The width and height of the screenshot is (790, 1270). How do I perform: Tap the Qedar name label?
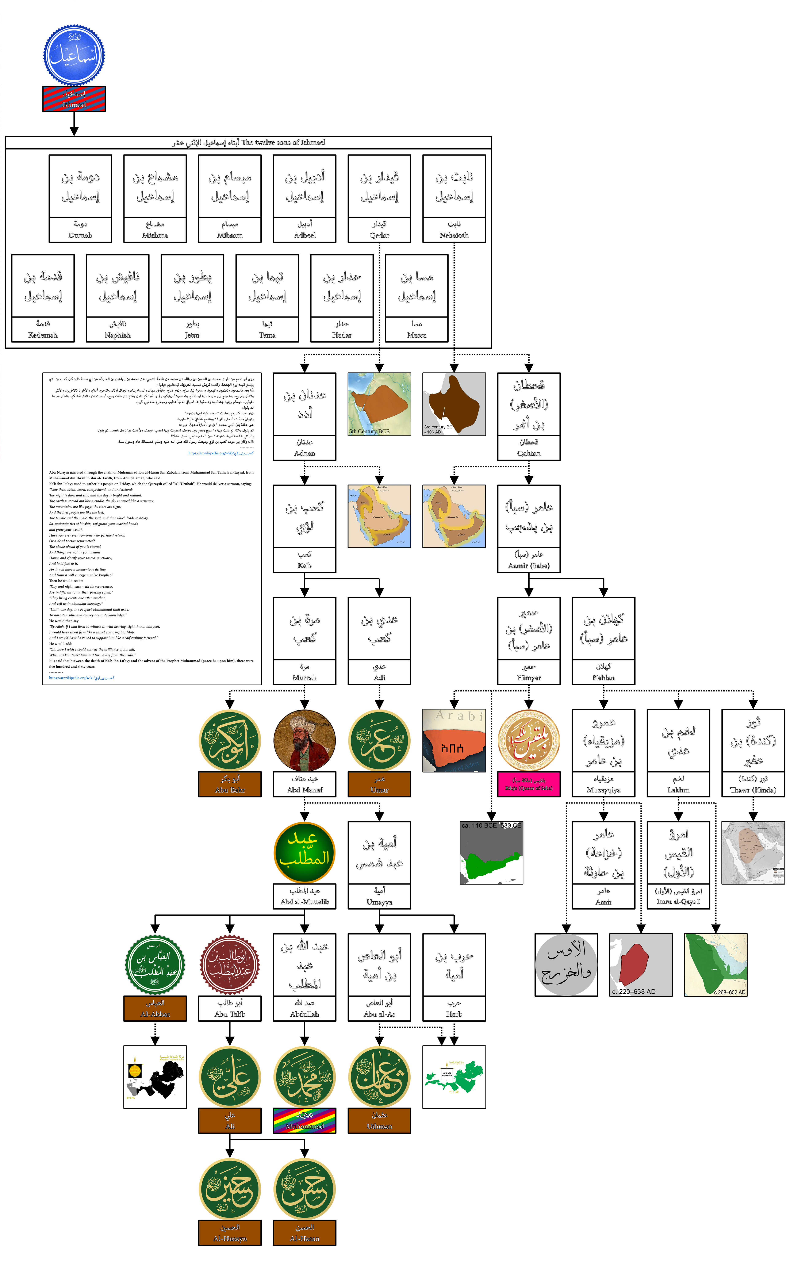(379, 230)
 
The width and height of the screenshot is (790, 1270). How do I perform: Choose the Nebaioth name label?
(454, 230)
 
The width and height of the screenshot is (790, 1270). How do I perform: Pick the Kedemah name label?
(43, 330)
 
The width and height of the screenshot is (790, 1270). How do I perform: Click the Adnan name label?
(305, 448)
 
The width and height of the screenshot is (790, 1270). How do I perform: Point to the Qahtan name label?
(529, 448)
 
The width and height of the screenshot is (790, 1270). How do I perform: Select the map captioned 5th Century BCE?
(379, 404)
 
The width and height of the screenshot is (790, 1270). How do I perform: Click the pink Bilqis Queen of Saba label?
(529, 784)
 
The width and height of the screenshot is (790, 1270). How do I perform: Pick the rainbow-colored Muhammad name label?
(305, 1121)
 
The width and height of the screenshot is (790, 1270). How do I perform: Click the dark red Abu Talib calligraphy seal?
(230, 964)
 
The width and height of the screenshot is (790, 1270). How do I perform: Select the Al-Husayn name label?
(230, 1233)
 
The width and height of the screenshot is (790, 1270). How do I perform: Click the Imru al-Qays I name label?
(678, 897)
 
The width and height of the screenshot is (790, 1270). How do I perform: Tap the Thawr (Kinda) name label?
(753, 784)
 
